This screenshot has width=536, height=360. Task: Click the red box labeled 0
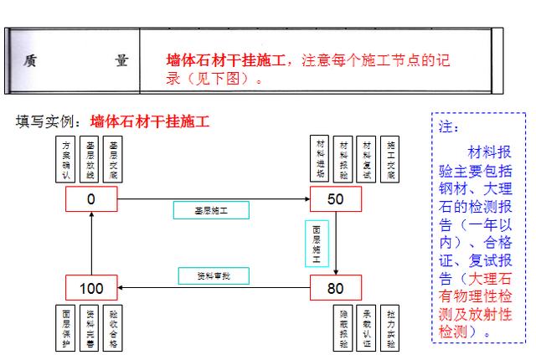coord(91,199)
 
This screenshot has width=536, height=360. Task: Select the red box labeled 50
coord(336,199)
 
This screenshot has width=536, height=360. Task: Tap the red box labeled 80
coord(336,289)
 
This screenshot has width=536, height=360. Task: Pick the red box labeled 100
coord(91,289)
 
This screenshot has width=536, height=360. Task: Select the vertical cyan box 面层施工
coord(317,244)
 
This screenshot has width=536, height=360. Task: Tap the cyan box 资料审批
coord(212,275)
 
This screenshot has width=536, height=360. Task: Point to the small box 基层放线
coord(90,159)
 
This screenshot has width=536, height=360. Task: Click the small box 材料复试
coord(367,159)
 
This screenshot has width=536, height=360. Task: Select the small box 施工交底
coord(390,159)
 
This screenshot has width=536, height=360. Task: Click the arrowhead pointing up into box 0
coord(91,216)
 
